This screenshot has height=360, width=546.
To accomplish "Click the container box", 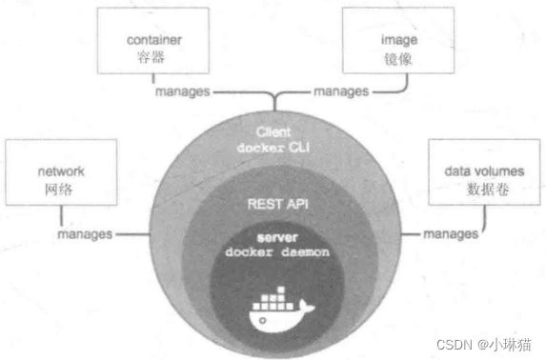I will (x=153, y=43).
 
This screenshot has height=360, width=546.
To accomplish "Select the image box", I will (x=387, y=43).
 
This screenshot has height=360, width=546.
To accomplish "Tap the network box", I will (x=61, y=180).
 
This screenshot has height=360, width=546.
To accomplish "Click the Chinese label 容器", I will (x=153, y=57).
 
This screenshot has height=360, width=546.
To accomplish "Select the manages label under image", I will (x=340, y=91).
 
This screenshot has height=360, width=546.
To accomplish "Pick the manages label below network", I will (x=85, y=233).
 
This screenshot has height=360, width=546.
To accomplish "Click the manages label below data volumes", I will (x=450, y=233).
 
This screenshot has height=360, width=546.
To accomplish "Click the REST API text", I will (x=273, y=203).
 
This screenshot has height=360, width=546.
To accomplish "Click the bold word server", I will (x=273, y=235).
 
